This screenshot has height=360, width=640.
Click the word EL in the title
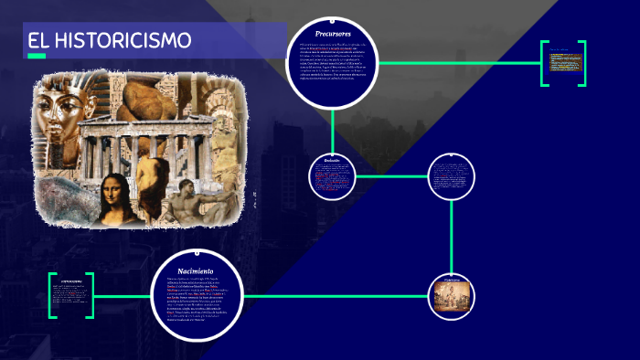coord(38,41)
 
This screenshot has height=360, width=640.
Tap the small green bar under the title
coord(37,57)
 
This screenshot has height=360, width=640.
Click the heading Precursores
coord(333,34)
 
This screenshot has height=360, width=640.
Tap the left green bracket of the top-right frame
coord(543,64)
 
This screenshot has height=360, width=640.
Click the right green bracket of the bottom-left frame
coord(90,295)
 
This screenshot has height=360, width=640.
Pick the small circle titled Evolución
coord(332,176)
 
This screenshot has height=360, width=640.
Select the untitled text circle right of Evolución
coord(452,175)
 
